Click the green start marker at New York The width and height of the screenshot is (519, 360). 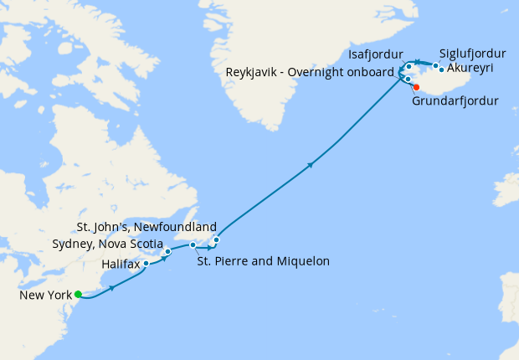tap(78, 294)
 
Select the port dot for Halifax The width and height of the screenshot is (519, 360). tap(146, 264)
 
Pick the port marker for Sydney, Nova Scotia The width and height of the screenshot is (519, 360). tap(168, 251)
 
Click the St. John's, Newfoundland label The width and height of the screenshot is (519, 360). tap(146, 227)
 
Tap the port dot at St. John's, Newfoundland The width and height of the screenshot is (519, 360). tap(216, 240)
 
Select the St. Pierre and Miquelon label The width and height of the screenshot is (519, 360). tap(263, 261)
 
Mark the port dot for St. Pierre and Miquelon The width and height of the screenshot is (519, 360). tap(193, 245)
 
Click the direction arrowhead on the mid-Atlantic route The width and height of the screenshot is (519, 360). tap(311, 164)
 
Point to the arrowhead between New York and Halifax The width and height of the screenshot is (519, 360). tap(112, 288)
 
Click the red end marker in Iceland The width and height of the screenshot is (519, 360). tap(416, 86)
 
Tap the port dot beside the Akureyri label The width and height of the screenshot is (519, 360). tap(441, 69)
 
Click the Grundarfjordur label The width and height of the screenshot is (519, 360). tap(455, 101)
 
